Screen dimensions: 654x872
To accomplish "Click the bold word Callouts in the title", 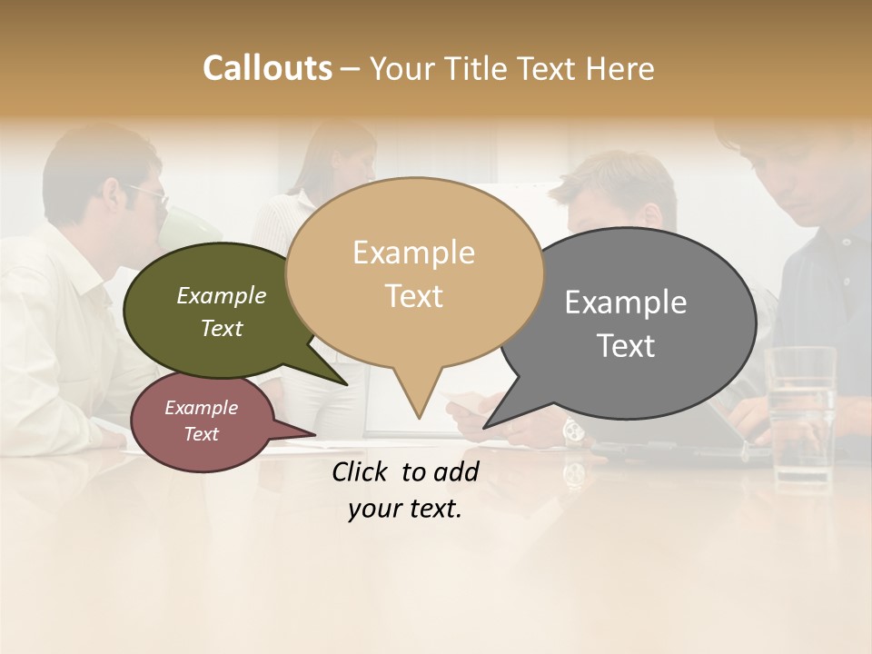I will (x=267, y=69).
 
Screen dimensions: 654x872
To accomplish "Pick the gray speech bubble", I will (x=636, y=322).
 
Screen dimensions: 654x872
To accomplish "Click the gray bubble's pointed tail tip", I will (x=484, y=427).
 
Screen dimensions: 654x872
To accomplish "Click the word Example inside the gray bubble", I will (x=626, y=302).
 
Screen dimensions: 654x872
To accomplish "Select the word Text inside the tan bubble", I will (x=414, y=296).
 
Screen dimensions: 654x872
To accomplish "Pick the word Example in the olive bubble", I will (x=222, y=296).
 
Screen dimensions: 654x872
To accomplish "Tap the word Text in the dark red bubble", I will (x=202, y=434).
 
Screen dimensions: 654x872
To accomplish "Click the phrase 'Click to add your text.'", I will (x=405, y=490).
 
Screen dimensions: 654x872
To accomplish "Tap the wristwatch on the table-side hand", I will (x=573, y=431).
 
